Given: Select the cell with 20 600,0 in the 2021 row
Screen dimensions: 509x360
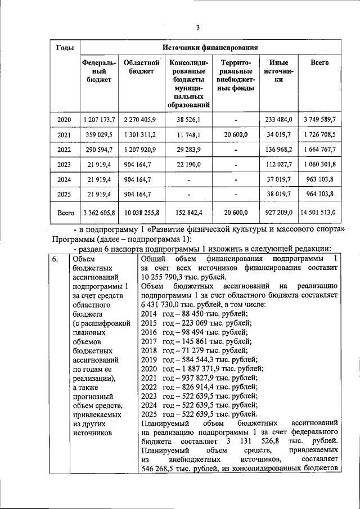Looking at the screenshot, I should tap(236, 135).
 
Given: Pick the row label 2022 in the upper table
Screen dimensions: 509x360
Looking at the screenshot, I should tap(65, 150).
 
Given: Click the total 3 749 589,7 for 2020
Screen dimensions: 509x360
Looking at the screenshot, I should tap(318, 120).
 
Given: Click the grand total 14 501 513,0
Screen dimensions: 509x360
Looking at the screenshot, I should tap(318, 213).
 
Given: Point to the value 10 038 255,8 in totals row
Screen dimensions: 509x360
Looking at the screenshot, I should tap(139, 213).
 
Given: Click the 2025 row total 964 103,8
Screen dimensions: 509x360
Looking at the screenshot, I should tap(318, 193).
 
